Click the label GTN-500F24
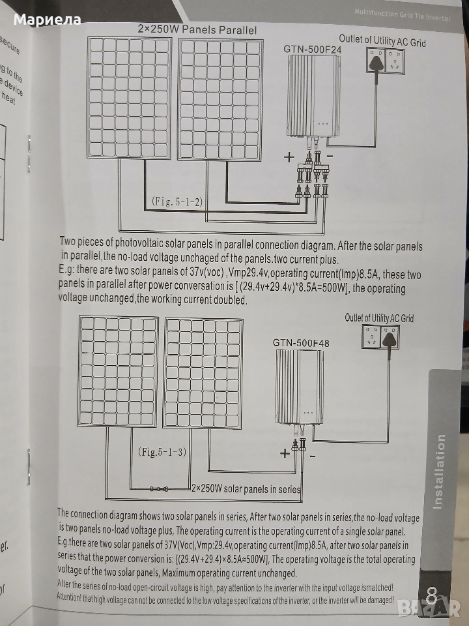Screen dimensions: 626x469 tap(313, 49)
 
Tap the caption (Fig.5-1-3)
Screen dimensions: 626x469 tap(163, 451)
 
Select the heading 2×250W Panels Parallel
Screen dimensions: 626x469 tap(197, 30)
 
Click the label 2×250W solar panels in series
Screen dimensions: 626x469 tap(246, 488)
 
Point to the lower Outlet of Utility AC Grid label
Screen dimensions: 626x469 tap(379, 318)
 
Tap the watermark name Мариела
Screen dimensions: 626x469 tap(47, 20)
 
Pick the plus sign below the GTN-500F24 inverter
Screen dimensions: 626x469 tap(289, 157)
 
